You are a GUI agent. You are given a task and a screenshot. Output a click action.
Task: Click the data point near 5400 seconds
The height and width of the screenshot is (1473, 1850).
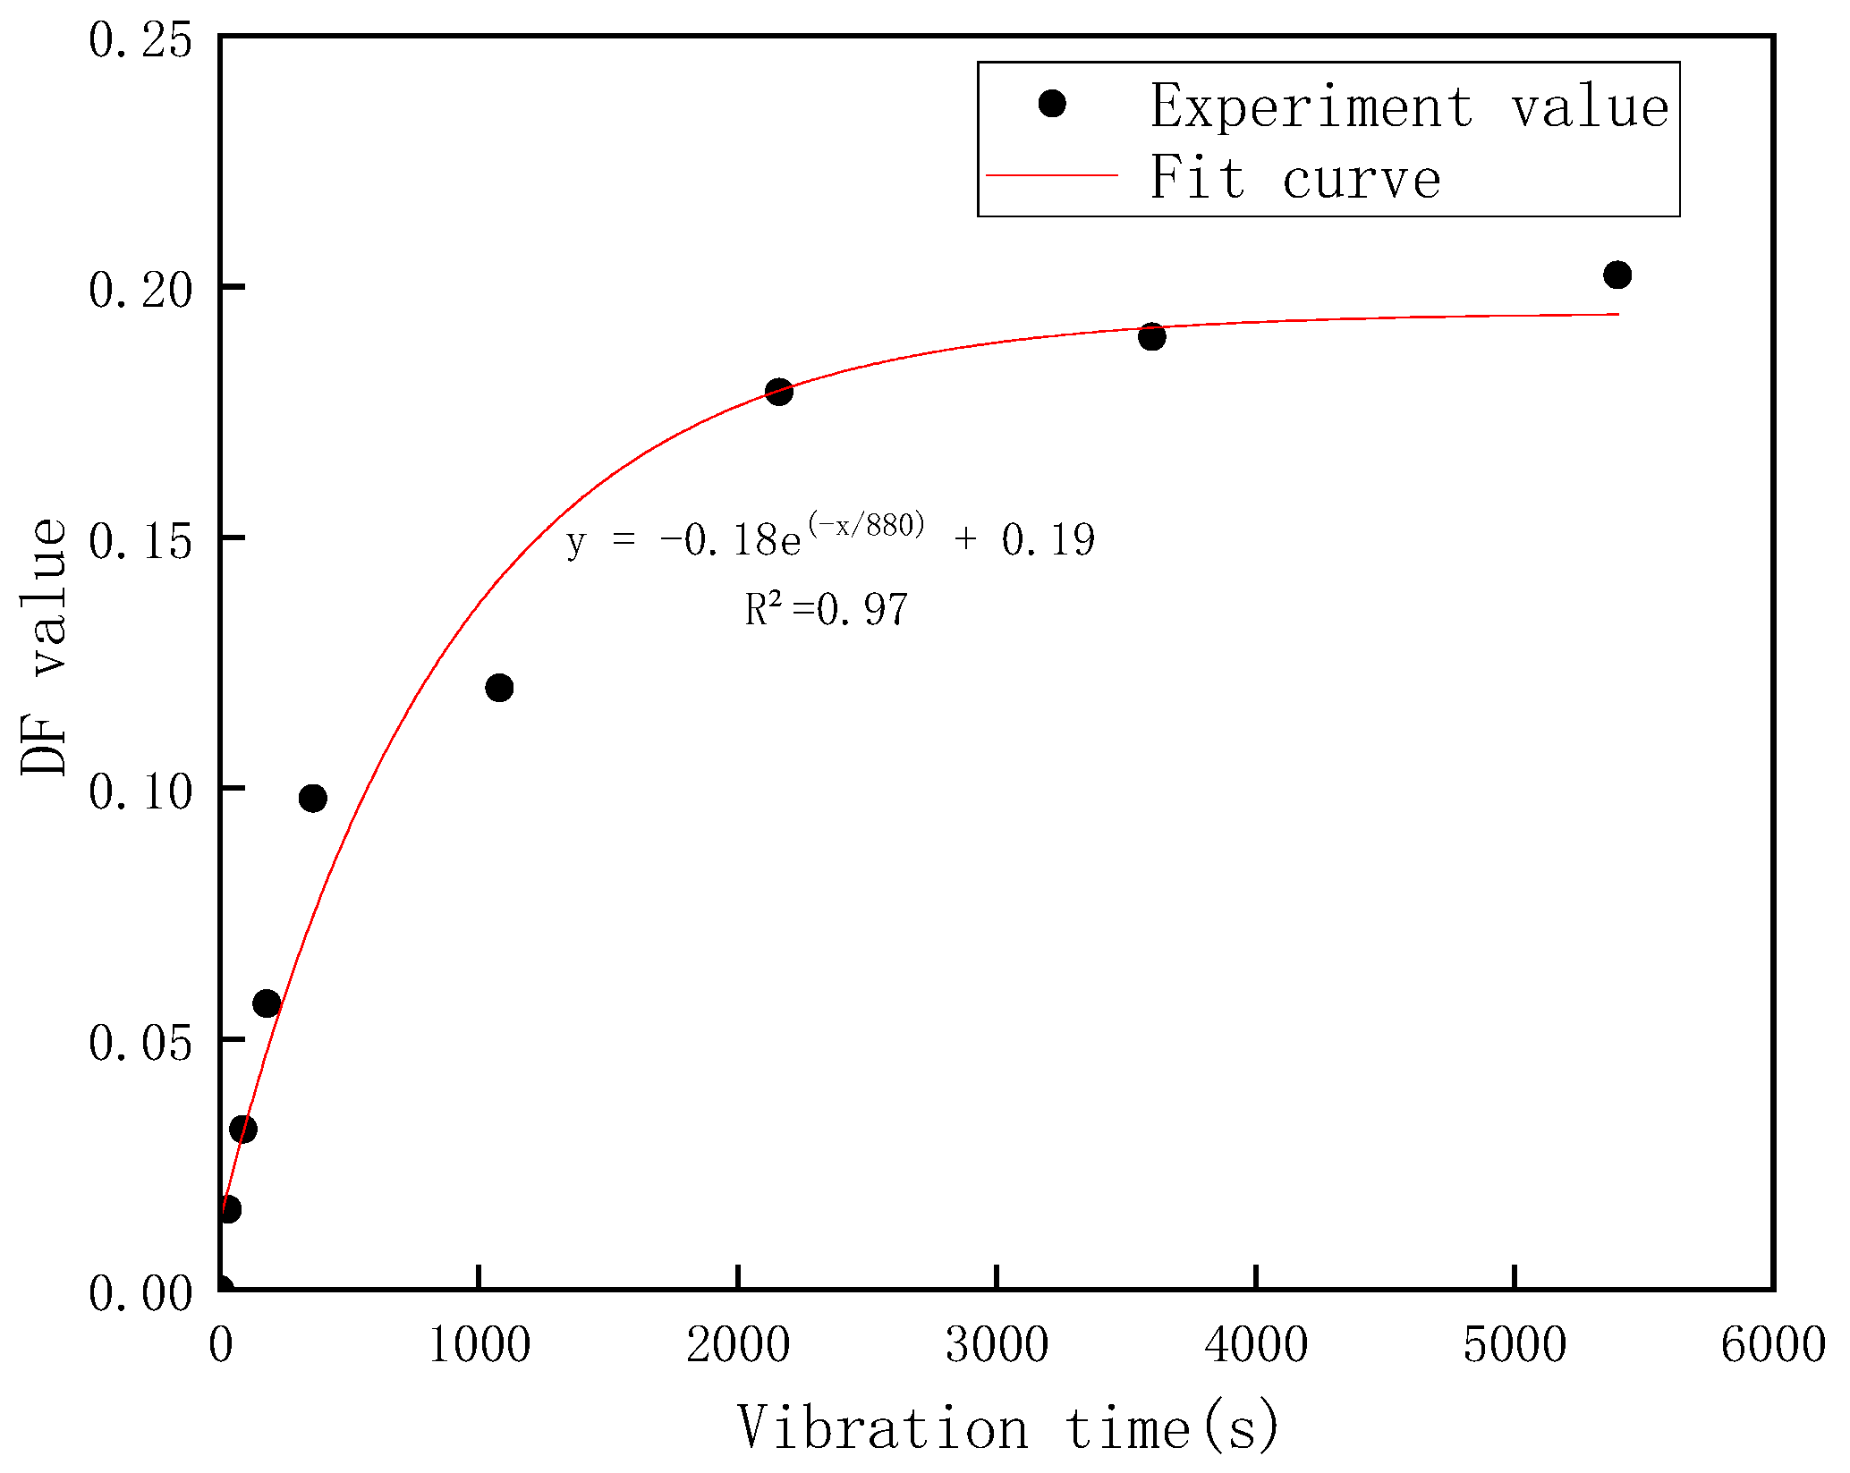[1617, 275]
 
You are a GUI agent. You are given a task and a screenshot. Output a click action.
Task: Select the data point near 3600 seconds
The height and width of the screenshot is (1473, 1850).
[1151, 337]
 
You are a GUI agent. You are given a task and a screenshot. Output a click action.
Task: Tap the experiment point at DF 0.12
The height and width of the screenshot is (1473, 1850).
[499, 688]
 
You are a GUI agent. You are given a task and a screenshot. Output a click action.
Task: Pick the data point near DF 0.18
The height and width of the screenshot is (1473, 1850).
[779, 392]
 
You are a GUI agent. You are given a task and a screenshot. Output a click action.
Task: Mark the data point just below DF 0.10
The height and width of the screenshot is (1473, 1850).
[313, 799]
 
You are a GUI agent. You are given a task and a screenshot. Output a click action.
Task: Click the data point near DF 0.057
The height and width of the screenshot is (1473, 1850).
[267, 1003]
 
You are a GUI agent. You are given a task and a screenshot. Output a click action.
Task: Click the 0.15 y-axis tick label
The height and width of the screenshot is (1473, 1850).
[140, 541]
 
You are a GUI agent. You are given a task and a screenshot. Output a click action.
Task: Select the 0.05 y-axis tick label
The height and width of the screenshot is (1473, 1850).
[140, 1043]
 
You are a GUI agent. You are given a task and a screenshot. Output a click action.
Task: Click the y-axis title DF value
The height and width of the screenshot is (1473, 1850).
[45, 647]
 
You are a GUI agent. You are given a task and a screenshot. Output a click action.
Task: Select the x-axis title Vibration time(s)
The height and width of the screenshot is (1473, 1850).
[1008, 1428]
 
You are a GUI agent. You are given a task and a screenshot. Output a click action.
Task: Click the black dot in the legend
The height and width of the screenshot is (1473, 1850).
[1052, 105]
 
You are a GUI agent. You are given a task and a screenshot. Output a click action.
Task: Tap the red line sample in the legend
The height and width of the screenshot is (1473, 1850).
[1052, 176]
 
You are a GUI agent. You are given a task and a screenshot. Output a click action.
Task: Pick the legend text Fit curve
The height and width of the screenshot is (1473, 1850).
[1295, 178]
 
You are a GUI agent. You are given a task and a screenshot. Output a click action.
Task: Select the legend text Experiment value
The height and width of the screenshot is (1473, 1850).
[1409, 107]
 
